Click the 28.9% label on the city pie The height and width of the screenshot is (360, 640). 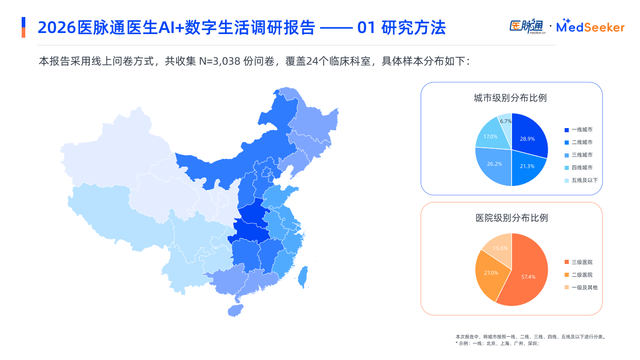pos(527,139)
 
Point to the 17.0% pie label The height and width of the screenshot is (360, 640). pos(490,136)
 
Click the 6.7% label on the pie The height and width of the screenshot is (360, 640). pos(506,121)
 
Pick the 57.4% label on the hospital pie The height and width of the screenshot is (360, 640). pos(529,277)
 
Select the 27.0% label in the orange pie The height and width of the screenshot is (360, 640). pos(491,273)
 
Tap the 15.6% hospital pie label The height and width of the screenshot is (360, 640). pos(500,248)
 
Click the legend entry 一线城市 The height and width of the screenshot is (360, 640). pos(582,130)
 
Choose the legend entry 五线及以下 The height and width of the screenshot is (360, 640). pos(584,180)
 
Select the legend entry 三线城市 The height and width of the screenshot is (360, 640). pos(582,155)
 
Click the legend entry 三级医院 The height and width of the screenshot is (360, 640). pos(582,262)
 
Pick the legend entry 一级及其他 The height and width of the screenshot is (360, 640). pos(584,287)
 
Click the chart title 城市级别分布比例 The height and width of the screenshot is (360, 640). pos(510,98)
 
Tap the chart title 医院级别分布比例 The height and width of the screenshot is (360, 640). pos(511,218)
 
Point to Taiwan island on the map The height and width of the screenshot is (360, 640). pos(303,277)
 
